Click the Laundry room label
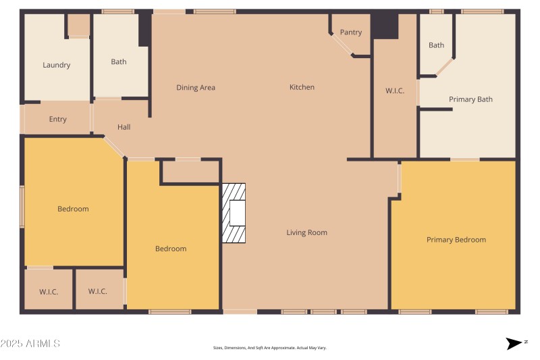click(57, 66)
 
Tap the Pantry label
click(351, 32)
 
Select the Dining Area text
click(196, 88)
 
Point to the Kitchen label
click(302, 87)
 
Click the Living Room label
click(306, 233)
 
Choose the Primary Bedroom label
click(456, 240)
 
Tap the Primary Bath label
click(470, 100)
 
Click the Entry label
click(58, 120)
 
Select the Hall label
click(124, 127)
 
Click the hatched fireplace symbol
click(234, 213)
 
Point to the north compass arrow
click(514, 344)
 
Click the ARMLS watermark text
click(30, 344)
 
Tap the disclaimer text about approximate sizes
click(269, 348)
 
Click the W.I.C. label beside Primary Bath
click(395, 91)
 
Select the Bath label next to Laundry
click(119, 62)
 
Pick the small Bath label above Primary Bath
click(437, 46)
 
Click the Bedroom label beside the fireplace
click(171, 249)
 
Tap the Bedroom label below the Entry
click(73, 209)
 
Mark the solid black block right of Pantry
click(385, 26)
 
